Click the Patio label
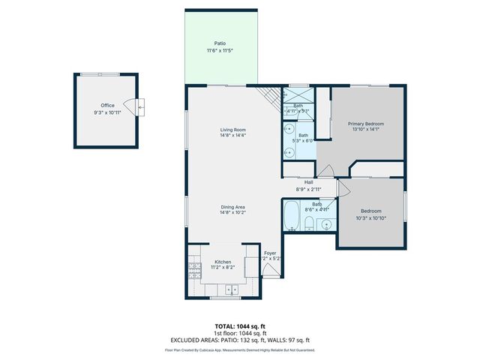click(x=220, y=43)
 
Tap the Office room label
click(x=108, y=105)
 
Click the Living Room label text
click(x=232, y=130)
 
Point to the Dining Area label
click(x=232, y=206)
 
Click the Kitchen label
click(x=223, y=261)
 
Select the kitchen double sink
click(x=230, y=289)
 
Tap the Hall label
click(x=308, y=182)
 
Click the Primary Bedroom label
click(x=365, y=123)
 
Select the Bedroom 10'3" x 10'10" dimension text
click(x=370, y=218)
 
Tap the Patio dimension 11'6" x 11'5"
click(x=220, y=50)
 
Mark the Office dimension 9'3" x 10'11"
click(x=108, y=112)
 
